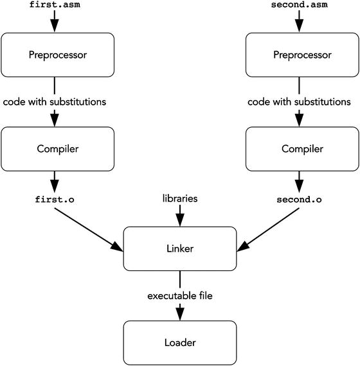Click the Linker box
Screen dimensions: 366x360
point(180,247)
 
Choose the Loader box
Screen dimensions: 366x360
point(180,342)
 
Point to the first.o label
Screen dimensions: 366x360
point(55,199)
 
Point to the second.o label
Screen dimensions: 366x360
point(299,199)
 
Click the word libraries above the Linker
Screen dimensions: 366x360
point(179,199)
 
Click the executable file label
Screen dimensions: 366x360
point(179,296)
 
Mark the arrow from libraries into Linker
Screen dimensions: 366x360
point(180,217)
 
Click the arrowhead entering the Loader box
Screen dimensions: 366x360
point(180,314)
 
